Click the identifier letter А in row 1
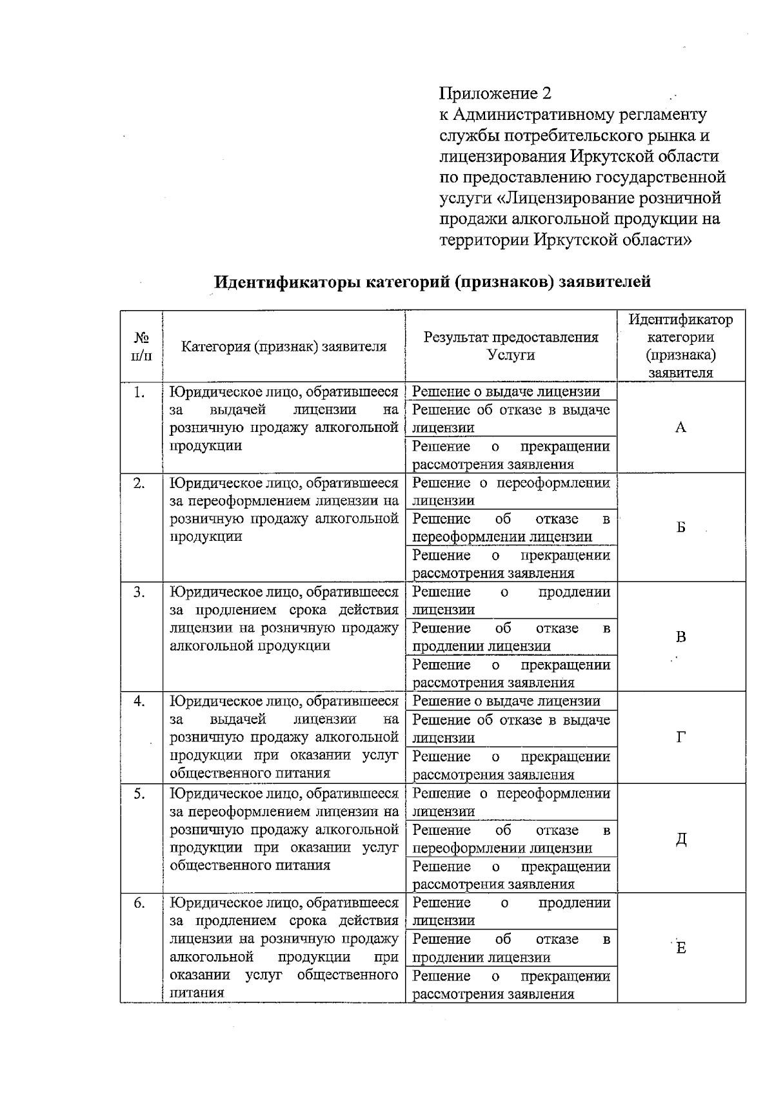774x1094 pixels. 680,428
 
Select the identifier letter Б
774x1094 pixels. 680,528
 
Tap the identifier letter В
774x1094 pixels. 680,638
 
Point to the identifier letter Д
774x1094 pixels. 680,839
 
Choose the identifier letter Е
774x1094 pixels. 680,948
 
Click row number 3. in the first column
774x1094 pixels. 139,592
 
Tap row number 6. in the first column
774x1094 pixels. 139,903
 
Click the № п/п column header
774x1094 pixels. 141,346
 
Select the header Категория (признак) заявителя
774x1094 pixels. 284,347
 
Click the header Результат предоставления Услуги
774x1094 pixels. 511,346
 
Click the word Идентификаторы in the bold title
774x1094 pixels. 288,282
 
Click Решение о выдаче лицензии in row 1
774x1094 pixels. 506,391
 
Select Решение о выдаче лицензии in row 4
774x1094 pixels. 506,701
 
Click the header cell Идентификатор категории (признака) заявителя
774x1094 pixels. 680,346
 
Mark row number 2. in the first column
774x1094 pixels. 139,483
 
